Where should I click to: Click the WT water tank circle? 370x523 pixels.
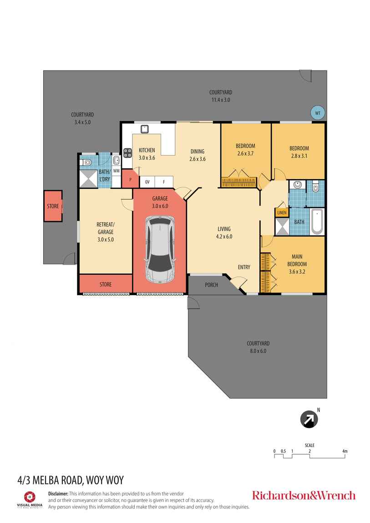(x=317, y=113)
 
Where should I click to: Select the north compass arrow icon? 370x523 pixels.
(x=309, y=419)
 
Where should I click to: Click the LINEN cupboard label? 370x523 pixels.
(x=282, y=212)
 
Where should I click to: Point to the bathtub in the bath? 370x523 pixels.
(x=317, y=222)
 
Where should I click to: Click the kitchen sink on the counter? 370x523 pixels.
(x=145, y=129)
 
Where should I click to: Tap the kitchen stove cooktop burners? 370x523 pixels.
(x=127, y=153)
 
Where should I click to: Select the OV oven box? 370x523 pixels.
(x=147, y=182)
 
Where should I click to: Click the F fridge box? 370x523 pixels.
(x=164, y=182)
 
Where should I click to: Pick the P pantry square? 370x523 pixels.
(x=131, y=179)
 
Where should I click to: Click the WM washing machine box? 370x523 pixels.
(x=116, y=171)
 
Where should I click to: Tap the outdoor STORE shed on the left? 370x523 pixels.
(x=53, y=206)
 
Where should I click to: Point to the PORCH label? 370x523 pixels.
(x=212, y=285)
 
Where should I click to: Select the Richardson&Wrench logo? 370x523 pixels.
(x=304, y=495)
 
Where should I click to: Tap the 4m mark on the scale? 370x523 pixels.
(x=345, y=452)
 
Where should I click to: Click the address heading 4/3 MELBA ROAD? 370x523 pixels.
(x=71, y=479)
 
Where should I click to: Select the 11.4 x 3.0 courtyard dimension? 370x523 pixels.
(x=221, y=100)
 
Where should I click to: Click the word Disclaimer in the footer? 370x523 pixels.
(x=58, y=493)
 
